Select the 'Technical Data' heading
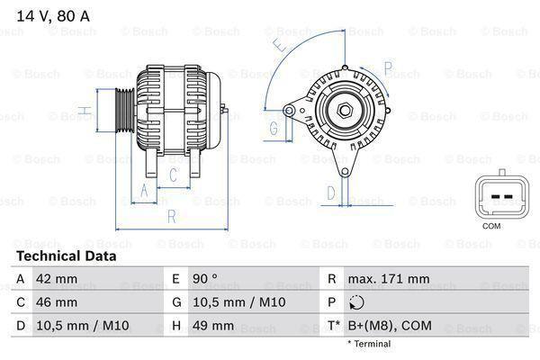(65, 256)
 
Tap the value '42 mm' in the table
(56, 279)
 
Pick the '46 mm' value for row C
(56, 302)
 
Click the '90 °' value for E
(207, 279)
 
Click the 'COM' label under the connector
(491, 226)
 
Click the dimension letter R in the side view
(170, 217)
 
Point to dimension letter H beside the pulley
(82, 112)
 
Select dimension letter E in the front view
(281, 43)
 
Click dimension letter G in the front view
(273, 129)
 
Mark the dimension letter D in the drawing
(330, 192)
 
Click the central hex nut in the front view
(344, 111)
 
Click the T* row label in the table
(333, 326)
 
